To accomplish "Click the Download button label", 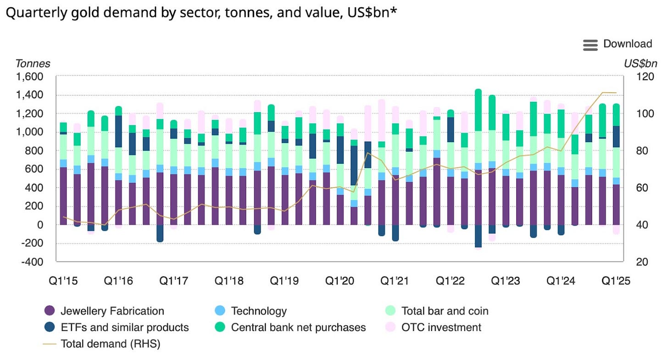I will click(627, 44).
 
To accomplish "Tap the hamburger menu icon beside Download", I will click(590, 44).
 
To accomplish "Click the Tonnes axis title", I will click(33, 64).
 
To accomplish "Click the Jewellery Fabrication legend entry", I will click(112, 311).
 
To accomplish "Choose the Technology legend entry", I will click(259, 311).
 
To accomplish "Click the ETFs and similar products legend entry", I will click(124, 327).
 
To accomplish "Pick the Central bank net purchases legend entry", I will click(298, 327).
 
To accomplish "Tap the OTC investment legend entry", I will click(441, 327).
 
